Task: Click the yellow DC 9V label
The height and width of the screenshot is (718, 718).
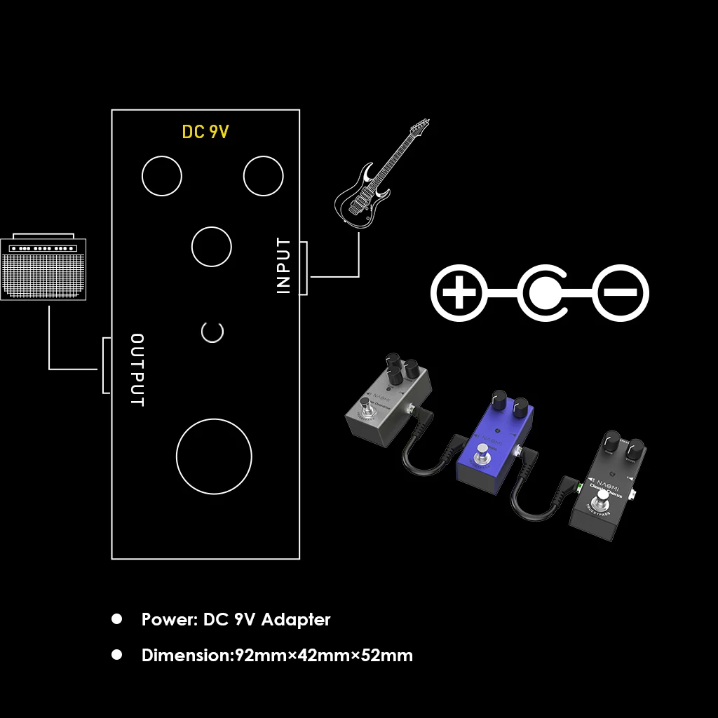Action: pos(205,132)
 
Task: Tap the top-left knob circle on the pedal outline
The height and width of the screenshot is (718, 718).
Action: pos(162,175)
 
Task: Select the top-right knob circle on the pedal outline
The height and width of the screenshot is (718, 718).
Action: pos(263,175)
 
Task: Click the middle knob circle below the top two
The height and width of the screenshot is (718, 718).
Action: pos(212,247)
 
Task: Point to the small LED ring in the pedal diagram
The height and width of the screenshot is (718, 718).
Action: pos(212,332)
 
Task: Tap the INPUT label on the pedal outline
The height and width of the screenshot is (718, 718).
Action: pos(283,266)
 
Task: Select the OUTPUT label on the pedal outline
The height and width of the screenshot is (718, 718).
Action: pos(138,370)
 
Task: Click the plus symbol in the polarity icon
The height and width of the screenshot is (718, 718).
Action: pos(459,293)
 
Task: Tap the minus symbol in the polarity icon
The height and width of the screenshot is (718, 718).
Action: pos(621,293)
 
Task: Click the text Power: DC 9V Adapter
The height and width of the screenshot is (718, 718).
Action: pos(236,620)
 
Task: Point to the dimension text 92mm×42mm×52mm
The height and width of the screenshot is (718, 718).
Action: pos(323,656)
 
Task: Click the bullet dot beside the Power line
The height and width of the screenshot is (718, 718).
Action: pos(117,619)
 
